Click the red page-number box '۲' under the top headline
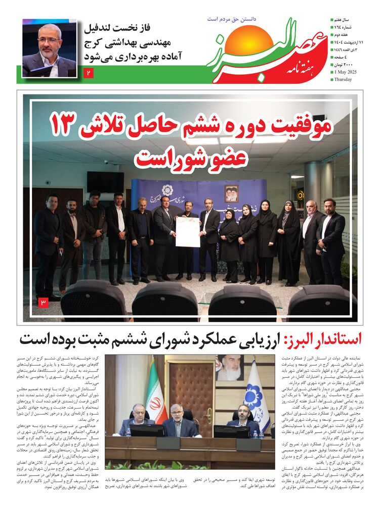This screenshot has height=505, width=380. click(x=89, y=74)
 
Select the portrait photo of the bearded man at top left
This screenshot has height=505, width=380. click(x=49, y=48)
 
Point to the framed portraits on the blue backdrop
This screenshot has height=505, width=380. click(x=231, y=193)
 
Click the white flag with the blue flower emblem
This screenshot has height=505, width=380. click(x=256, y=395)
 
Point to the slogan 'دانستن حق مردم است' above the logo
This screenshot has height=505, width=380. click(x=232, y=19)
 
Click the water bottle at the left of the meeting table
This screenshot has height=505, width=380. click(x=129, y=432)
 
